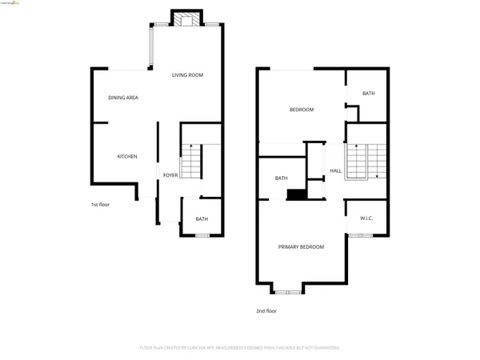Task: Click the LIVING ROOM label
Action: click(187, 75)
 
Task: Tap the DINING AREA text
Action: click(123, 98)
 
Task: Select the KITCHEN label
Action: click(127, 156)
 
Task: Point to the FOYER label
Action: click(170, 175)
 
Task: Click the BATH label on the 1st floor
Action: click(202, 219)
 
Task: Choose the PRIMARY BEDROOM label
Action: click(301, 247)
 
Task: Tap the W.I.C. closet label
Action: click(366, 218)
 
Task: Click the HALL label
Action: click(336, 171)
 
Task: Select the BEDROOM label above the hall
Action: click(301, 110)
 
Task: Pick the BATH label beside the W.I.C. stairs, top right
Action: click(368, 94)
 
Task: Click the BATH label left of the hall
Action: click(282, 178)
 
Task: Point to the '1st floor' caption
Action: click(100, 205)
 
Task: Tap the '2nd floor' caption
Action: click(266, 310)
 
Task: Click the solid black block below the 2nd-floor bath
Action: click(297, 194)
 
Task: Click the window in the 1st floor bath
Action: click(202, 235)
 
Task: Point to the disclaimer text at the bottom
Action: click(239, 348)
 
